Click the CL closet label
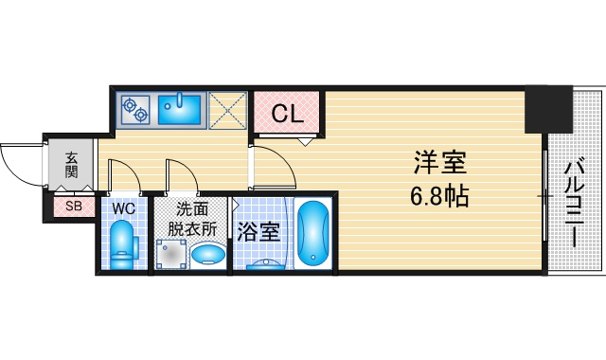[287, 114]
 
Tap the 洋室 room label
[440, 163]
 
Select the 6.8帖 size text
[439, 196]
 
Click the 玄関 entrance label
[71, 165]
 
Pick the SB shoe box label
[74, 207]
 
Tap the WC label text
[124, 208]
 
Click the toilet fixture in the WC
[123, 244]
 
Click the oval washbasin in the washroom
[208, 254]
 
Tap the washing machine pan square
[170, 254]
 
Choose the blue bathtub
[313, 233]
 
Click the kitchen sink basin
[179, 108]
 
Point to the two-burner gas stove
[134, 109]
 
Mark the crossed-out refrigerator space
[227, 110]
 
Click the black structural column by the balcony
[548, 109]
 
